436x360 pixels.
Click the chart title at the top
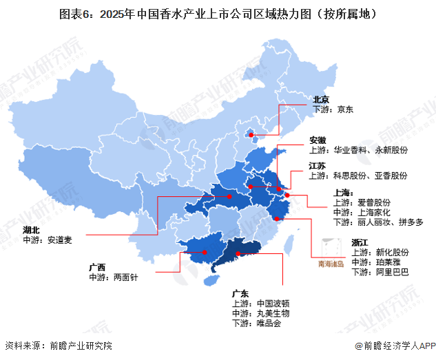tap(218, 13)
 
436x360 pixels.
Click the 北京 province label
tap(322, 99)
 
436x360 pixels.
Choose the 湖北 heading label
tap(32, 229)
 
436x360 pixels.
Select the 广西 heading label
tap(98, 266)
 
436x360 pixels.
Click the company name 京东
tap(344, 109)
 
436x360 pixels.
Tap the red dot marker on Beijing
tap(251, 136)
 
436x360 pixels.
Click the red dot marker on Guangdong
tap(238, 254)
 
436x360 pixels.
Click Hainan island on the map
tap(213, 281)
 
